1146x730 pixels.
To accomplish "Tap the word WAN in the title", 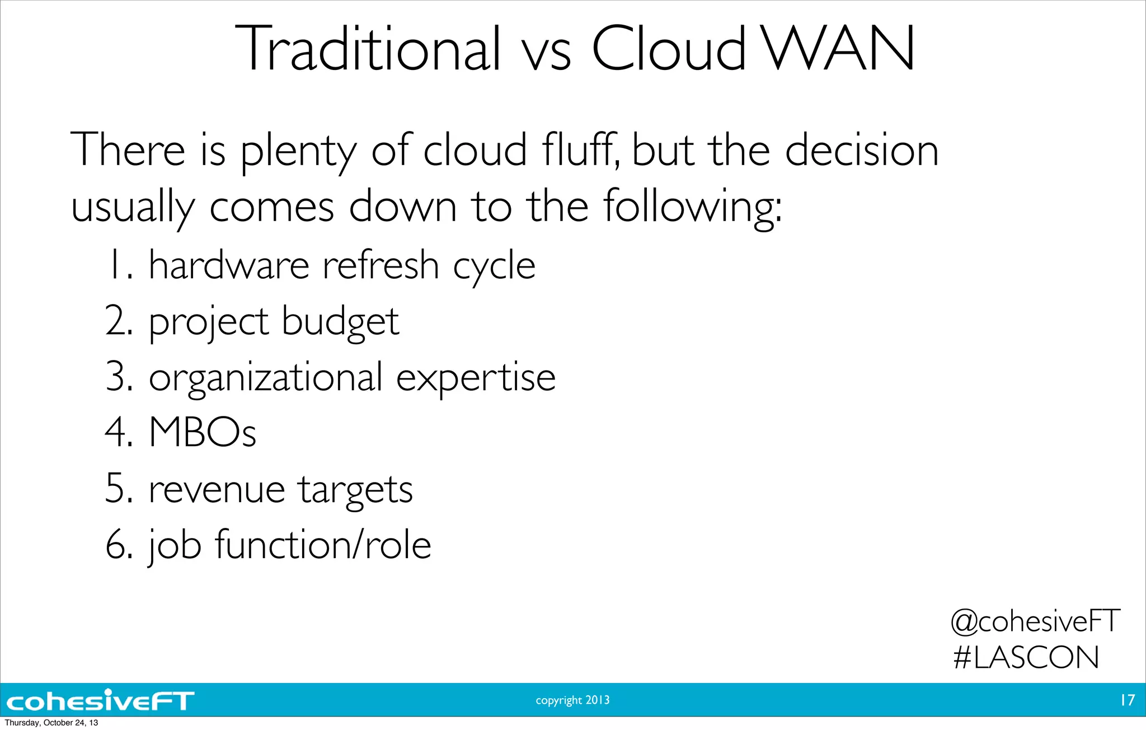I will tap(839, 49).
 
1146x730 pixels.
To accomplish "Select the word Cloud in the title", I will tap(669, 49).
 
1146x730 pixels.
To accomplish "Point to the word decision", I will tap(862, 150).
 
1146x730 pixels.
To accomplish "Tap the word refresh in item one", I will tap(381, 265).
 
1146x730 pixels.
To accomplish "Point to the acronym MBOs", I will tap(203, 432).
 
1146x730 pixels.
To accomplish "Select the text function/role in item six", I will tap(323, 545).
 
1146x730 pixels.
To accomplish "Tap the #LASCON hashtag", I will tap(1026, 657).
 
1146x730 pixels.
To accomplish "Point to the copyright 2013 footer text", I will tap(572, 700).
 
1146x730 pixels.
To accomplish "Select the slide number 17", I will tap(1127, 700).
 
